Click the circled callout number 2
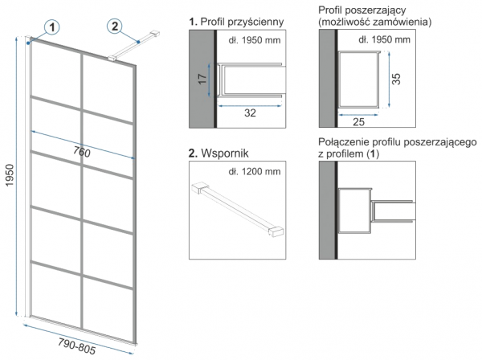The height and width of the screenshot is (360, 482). pos(115,27)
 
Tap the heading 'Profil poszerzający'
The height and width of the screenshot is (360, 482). pos(361,9)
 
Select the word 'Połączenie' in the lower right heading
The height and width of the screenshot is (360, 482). pos(345,142)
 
